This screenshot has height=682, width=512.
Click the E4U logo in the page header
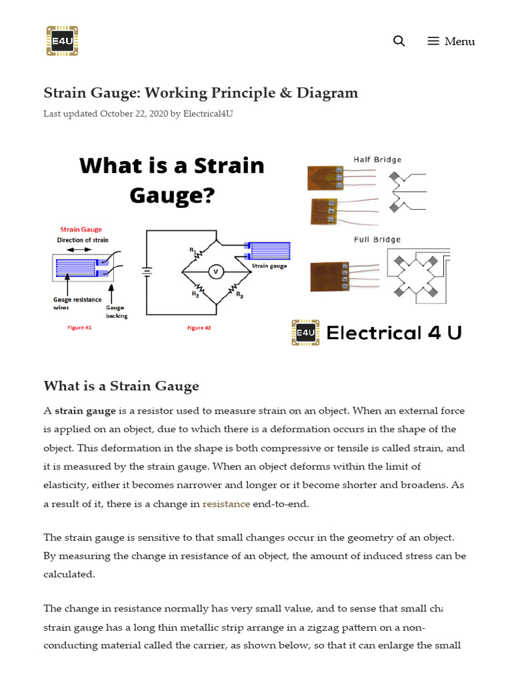pos(62,41)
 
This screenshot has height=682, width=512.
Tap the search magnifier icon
pos(399,41)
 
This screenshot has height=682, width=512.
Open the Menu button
pos(451,41)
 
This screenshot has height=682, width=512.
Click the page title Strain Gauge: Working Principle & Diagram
pos(201,93)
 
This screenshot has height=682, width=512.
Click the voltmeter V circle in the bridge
pos(215,272)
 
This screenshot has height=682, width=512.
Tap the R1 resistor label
pos(191,250)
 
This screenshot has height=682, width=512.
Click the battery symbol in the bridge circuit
pos(147,272)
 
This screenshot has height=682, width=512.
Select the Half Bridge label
pos(377,160)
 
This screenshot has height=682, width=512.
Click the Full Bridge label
pos(377,240)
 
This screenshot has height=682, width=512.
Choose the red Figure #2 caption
pos(199,328)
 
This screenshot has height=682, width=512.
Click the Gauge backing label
pos(116,312)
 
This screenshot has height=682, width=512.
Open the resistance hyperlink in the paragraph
pos(226,504)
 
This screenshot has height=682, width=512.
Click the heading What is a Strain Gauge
pos(121,386)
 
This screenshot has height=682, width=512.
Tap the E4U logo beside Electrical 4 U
pos(306,332)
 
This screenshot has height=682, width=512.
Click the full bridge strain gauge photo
pos(330,276)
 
